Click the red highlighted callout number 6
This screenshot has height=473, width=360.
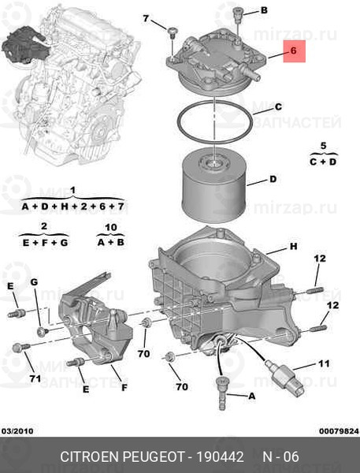[x=294, y=50]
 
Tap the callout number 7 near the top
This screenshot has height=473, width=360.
[x=146, y=19]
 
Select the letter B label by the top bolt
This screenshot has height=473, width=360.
[x=264, y=10]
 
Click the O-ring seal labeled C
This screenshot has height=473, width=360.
[x=214, y=122]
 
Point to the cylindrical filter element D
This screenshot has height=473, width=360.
[x=213, y=185]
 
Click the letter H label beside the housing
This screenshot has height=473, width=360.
[x=293, y=247]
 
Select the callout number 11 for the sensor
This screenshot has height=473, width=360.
[x=324, y=363]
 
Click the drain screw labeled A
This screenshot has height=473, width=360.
[x=221, y=393]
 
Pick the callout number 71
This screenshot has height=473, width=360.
[x=35, y=378]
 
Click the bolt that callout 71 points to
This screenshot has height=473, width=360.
[x=20, y=348]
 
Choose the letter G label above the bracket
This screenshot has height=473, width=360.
[x=34, y=282]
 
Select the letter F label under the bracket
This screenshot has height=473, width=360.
[x=124, y=387]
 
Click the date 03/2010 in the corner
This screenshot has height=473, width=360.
[x=17, y=431]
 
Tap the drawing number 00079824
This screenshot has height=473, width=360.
[x=340, y=431]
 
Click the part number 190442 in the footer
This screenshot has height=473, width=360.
[x=220, y=456]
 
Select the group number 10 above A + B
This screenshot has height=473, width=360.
[x=111, y=227]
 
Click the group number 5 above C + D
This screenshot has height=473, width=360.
[x=323, y=146]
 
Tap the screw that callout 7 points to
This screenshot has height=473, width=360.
[x=173, y=33]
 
